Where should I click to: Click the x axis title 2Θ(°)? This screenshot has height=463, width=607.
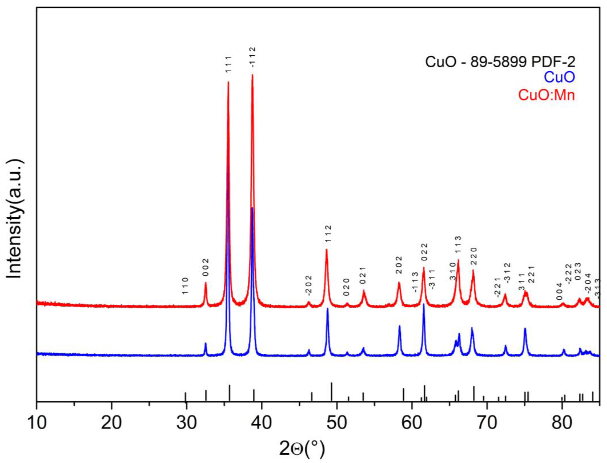point(302,448)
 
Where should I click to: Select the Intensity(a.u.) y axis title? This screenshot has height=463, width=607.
point(14,219)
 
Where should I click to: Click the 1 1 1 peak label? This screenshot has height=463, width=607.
point(228,64)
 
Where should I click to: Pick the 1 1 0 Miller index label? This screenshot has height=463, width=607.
point(185,286)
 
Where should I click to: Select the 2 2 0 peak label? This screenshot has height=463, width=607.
point(474,256)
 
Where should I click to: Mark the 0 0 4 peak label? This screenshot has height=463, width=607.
point(559,291)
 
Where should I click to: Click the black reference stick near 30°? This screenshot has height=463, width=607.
point(185,397)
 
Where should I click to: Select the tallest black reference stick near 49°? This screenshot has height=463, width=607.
point(331,392)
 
